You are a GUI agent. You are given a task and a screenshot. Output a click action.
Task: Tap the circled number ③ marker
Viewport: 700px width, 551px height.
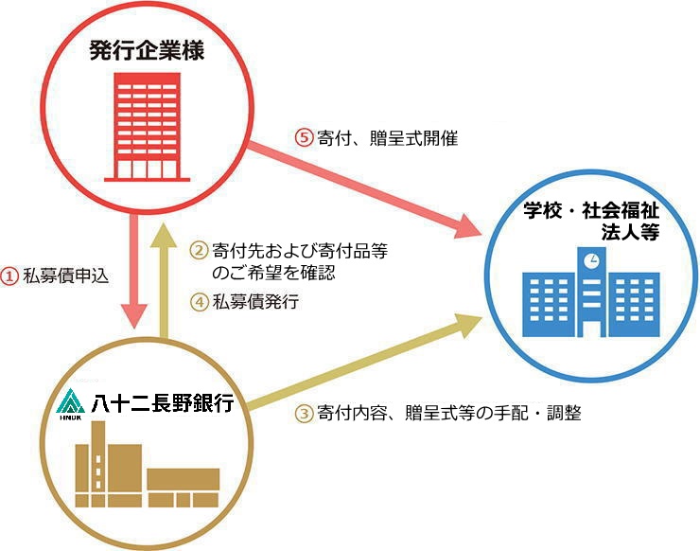pos(303,413)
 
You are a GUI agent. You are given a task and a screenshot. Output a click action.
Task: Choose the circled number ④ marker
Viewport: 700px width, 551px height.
pos(199,303)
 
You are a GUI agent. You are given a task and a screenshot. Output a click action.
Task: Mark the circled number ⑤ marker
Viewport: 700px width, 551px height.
pos(304,138)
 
